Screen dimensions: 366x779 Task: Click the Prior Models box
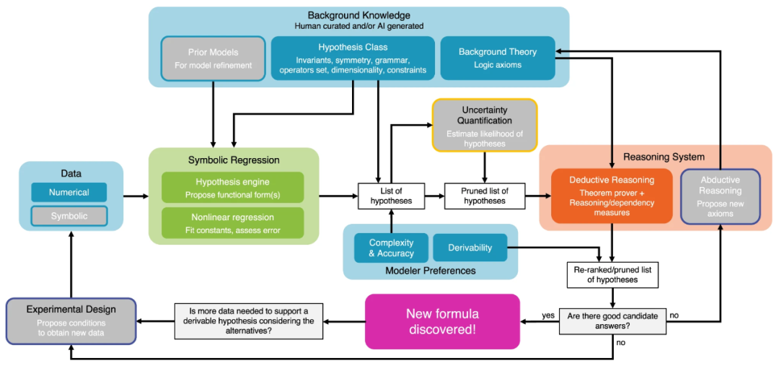pyautogui.click(x=214, y=58)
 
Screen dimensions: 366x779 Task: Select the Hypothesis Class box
pyautogui.click(x=353, y=58)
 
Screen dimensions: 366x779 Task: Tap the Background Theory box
pyautogui.click(x=498, y=58)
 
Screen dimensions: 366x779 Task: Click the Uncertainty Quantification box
pyautogui.click(x=485, y=125)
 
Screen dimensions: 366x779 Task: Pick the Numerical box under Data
pyautogui.click(x=69, y=192)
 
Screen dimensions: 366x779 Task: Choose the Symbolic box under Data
pyautogui.click(x=69, y=216)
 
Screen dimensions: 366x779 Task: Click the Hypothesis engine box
pyautogui.click(x=232, y=188)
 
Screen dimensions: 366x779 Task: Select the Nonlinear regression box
pyautogui.click(x=232, y=222)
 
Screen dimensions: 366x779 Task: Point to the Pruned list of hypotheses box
pyautogui.click(x=485, y=196)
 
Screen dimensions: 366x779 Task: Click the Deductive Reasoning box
pyautogui.click(x=612, y=196)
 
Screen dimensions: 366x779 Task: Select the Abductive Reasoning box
pyautogui.click(x=720, y=196)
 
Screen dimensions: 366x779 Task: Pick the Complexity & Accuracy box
pyautogui.click(x=391, y=248)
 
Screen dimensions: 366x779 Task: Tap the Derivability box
pyautogui.click(x=470, y=248)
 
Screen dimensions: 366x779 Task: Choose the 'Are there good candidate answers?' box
pyautogui.click(x=612, y=320)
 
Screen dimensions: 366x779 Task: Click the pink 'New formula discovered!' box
pyautogui.click(x=442, y=320)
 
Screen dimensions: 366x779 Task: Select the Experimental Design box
pyautogui.click(x=71, y=321)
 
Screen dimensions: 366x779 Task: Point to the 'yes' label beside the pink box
pyautogui.click(x=548, y=315)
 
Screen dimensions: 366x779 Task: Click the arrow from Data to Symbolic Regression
pyautogui.click(x=136, y=196)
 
